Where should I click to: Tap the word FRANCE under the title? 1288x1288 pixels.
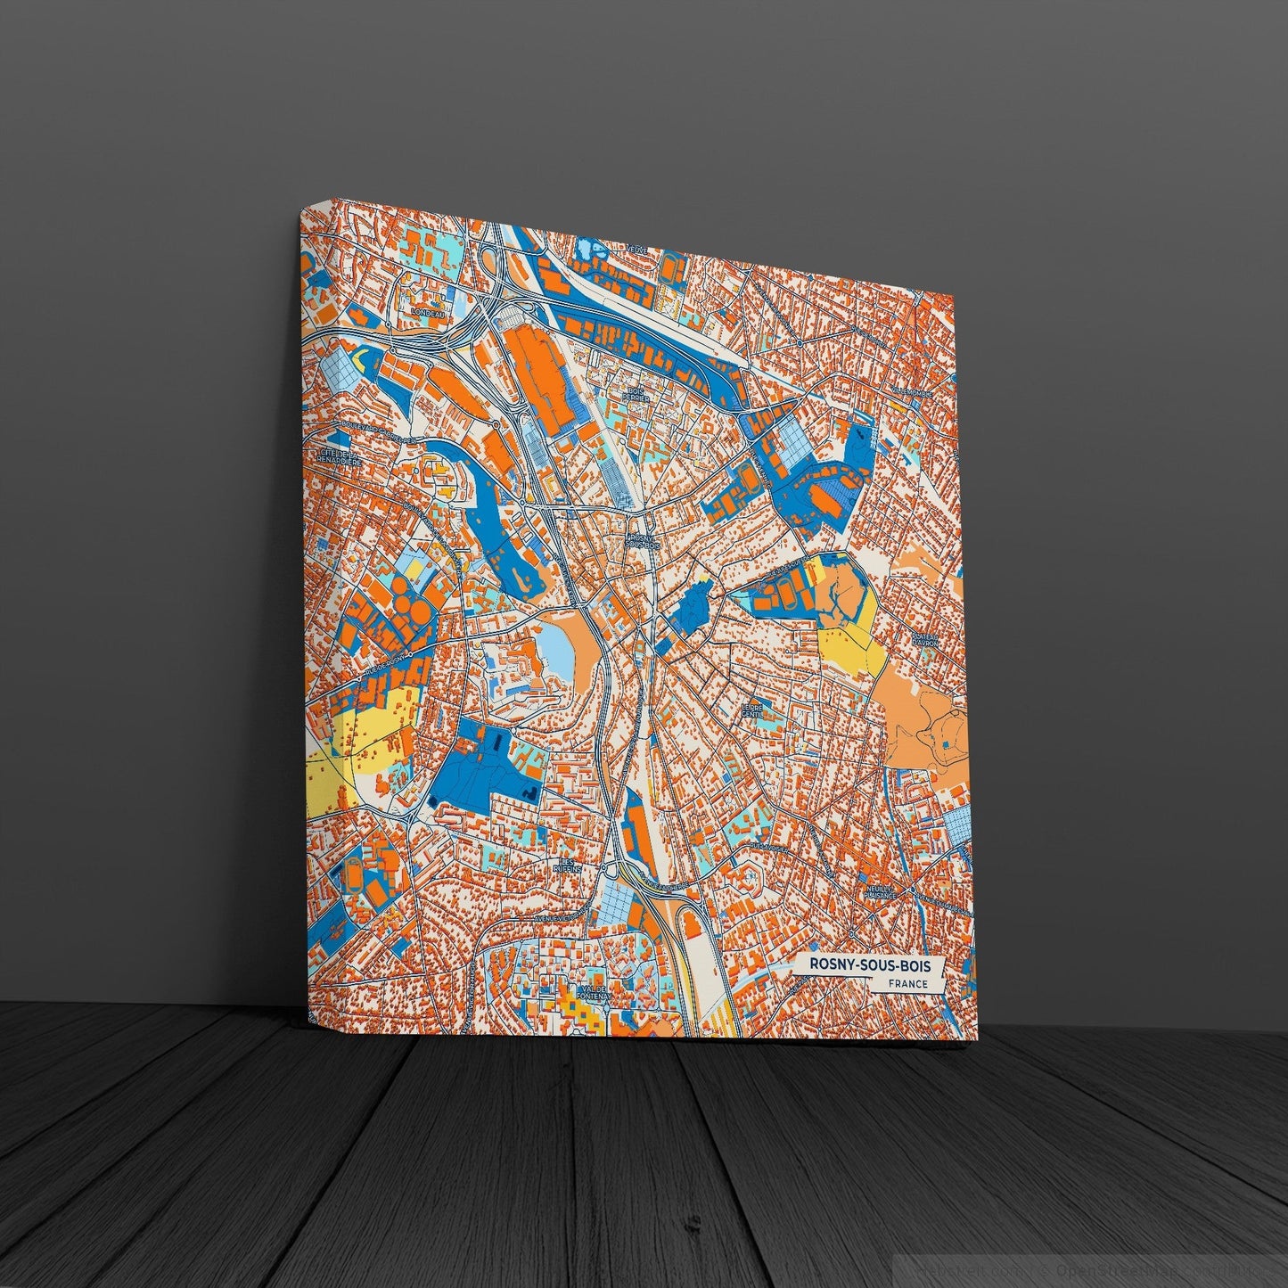[908, 984]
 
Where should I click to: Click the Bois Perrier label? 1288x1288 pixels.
[637, 395]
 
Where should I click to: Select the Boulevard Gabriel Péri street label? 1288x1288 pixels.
[374, 437]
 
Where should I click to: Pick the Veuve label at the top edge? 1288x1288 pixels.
[636, 249]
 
